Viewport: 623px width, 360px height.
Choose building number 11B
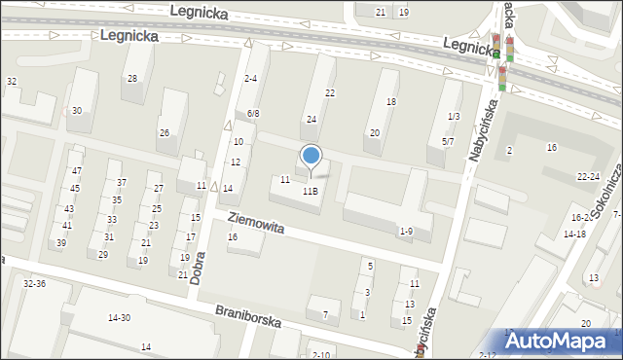(310, 192)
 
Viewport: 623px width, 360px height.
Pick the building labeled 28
(131, 79)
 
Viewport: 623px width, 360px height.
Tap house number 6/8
(253, 114)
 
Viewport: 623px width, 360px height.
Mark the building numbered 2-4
(251, 79)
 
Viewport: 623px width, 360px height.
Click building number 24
(311, 120)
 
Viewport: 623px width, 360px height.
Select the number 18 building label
(391, 102)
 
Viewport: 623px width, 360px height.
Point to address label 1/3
(453, 117)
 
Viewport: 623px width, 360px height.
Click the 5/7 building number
(448, 141)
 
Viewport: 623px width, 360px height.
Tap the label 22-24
(587, 176)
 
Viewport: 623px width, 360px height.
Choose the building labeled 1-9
(406, 231)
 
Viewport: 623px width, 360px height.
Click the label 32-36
(34, 283)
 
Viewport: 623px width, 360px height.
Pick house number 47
(77, 170)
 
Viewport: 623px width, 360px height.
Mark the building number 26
(165, 133)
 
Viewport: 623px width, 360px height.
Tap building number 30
(76, 111)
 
